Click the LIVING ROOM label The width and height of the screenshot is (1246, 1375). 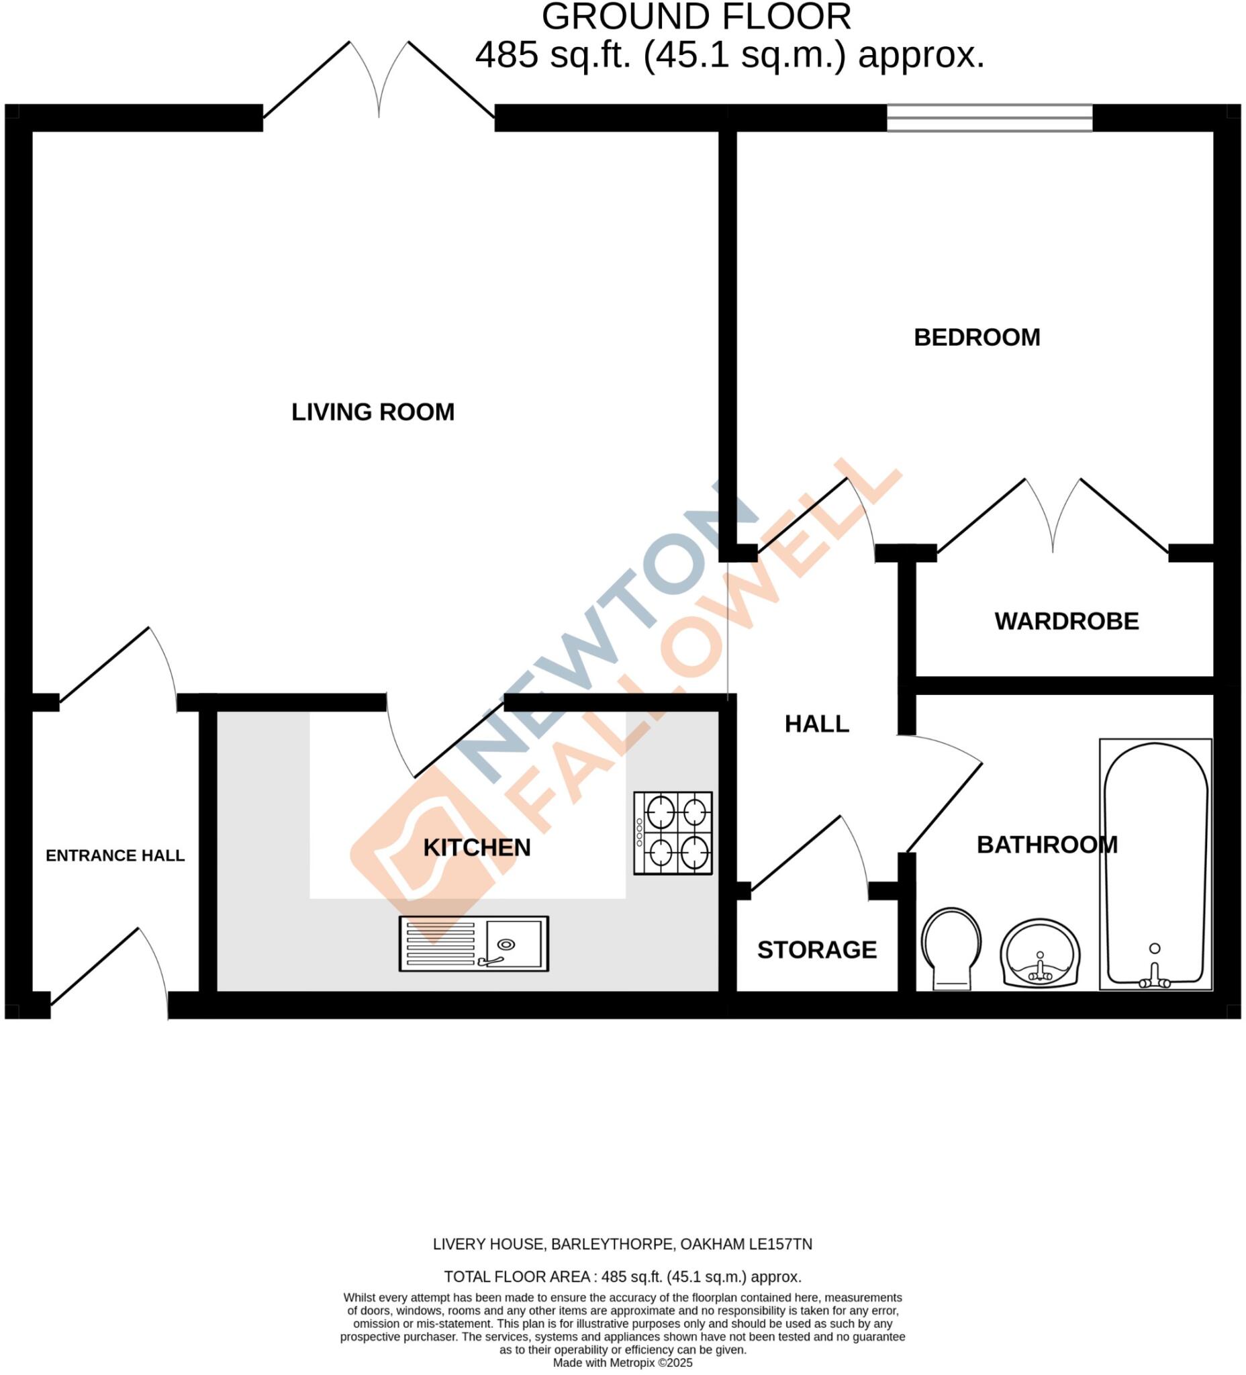click(373, 412)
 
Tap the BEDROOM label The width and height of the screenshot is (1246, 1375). click(976, 338)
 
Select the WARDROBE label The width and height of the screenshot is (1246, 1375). click(1066, 621)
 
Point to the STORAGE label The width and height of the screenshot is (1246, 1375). click(816, 950)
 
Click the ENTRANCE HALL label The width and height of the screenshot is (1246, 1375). click(115, 855)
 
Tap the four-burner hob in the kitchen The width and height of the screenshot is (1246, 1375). click(673, 833)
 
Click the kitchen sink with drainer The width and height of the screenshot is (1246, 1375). click(473, 944)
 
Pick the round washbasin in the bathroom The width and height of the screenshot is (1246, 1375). click(1039, 953)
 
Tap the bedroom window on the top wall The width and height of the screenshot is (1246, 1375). click(989, 117)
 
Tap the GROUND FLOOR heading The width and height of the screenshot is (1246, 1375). click(696, 17)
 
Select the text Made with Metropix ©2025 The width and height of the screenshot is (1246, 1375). click(622, 1363)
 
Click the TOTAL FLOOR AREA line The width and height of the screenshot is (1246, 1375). click(622, 1277)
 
